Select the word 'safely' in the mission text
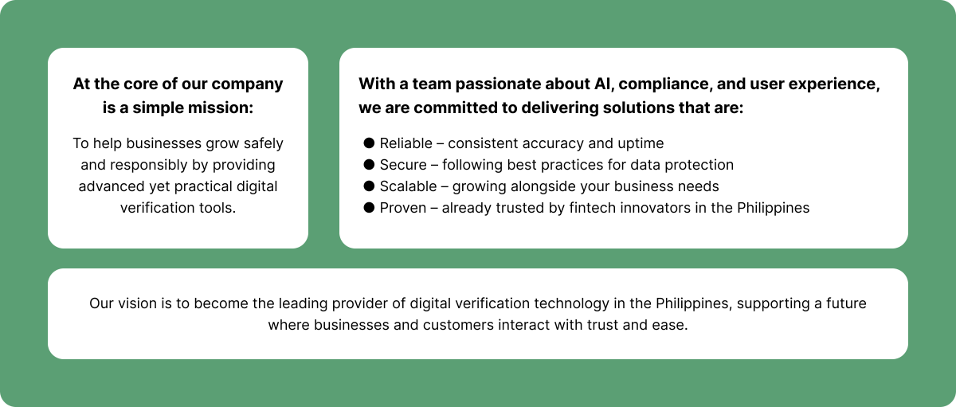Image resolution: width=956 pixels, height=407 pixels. (x=264, y=144)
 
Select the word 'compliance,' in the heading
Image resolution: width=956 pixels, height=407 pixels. (x=664, y=84)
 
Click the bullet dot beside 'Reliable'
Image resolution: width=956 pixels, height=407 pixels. (x=369, y=143)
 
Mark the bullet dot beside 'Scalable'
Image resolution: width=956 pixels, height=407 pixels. (x=369, y=186)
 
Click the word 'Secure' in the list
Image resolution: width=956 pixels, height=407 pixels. (x=403, y=165)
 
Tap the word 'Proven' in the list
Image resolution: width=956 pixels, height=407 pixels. (x=403, y=208)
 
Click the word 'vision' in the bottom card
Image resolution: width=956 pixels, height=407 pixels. (x=137, y=303)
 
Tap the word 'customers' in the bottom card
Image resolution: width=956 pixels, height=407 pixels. (x=458, y=325)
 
